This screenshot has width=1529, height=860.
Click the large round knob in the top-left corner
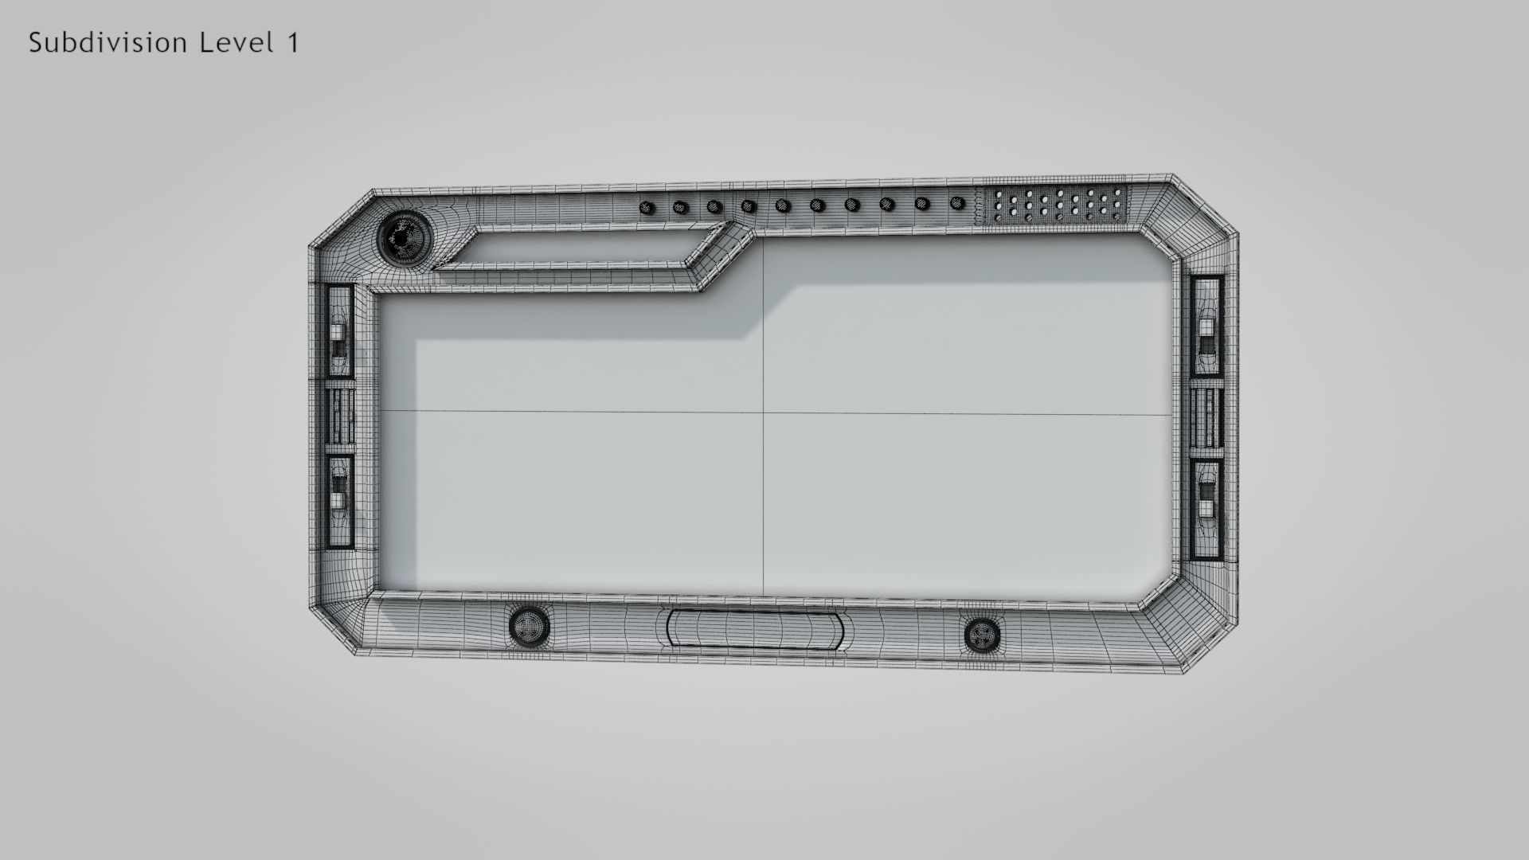401,236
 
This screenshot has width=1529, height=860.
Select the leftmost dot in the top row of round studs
647,209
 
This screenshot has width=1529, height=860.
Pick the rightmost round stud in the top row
957,203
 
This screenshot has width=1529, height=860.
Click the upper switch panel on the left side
340,330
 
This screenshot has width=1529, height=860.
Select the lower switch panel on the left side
340,502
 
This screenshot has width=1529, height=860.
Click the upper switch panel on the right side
1207,326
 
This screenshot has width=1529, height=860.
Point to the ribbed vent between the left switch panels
340,416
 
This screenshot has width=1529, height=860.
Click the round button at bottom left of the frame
529,626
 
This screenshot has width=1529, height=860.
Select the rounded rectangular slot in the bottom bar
754,628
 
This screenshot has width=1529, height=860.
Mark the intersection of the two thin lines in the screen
764,412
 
